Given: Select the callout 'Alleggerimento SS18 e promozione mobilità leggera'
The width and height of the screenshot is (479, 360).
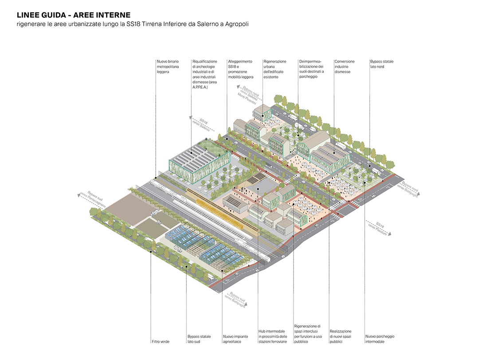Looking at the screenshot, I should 241,69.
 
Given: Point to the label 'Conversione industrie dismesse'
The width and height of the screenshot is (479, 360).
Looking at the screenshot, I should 345,67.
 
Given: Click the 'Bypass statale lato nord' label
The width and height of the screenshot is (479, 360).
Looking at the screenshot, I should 381,64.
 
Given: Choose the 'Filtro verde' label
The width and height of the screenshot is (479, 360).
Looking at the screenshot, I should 161,341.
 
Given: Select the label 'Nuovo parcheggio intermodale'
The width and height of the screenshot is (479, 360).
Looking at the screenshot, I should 380,339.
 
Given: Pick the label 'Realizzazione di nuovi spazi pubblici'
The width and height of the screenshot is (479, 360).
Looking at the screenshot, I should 341,336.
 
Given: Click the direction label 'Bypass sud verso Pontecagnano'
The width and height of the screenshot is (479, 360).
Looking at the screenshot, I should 94,201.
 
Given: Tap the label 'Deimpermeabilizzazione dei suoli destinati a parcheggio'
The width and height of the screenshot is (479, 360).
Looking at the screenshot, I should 311,69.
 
